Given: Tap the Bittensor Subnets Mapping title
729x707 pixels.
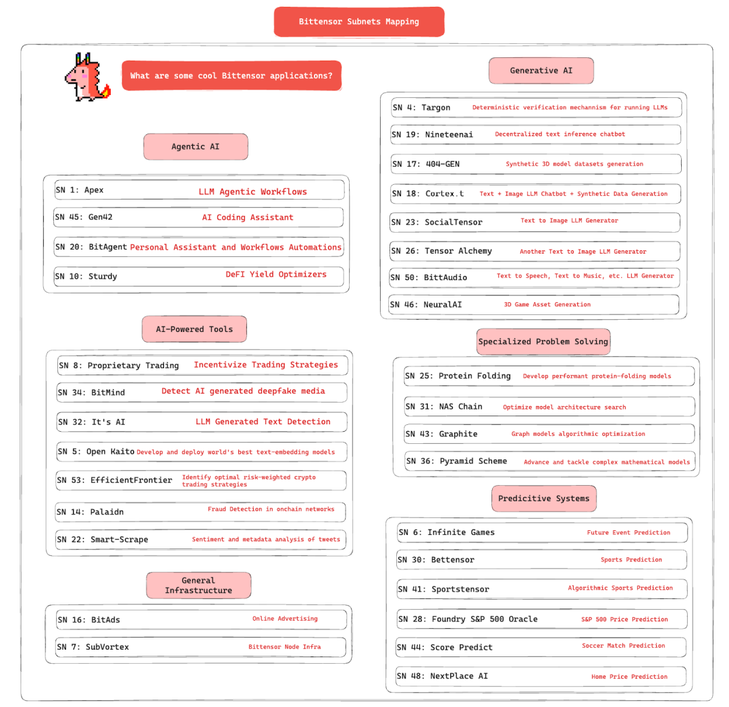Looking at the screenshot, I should (359, 22).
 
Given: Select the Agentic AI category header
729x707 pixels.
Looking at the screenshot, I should (195, 146).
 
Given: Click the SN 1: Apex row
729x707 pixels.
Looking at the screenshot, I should (199, 190).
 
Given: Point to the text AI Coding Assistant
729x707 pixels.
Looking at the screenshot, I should (248, 218).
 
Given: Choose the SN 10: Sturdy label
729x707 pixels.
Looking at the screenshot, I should (86, 276).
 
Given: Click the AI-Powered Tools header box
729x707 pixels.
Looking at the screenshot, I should (194, 329).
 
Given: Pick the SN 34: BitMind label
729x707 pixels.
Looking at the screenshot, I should (91, 392).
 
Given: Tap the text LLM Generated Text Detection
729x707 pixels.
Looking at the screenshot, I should (263, 422).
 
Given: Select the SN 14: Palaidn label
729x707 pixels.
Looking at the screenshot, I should (90, 512).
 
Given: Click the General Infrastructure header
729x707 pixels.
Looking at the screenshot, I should (198, 585).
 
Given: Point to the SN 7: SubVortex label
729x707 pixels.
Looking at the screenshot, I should (92, 647).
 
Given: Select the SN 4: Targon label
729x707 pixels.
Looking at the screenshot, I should (421, 107).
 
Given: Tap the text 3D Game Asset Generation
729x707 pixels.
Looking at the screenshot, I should (547, 304).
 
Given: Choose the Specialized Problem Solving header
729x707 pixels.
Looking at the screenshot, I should (543, 341).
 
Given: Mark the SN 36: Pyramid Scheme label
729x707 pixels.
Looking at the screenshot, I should (456, 461).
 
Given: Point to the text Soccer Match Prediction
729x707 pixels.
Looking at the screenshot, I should (624, 646).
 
